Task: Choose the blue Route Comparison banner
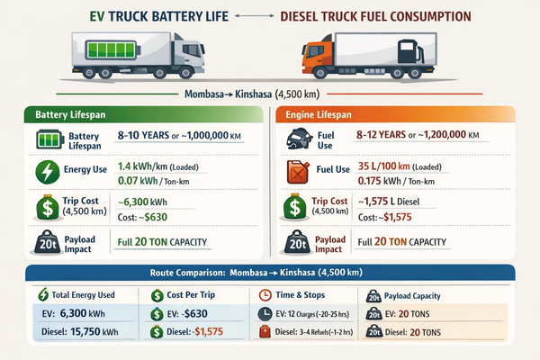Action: click(270, 271)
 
